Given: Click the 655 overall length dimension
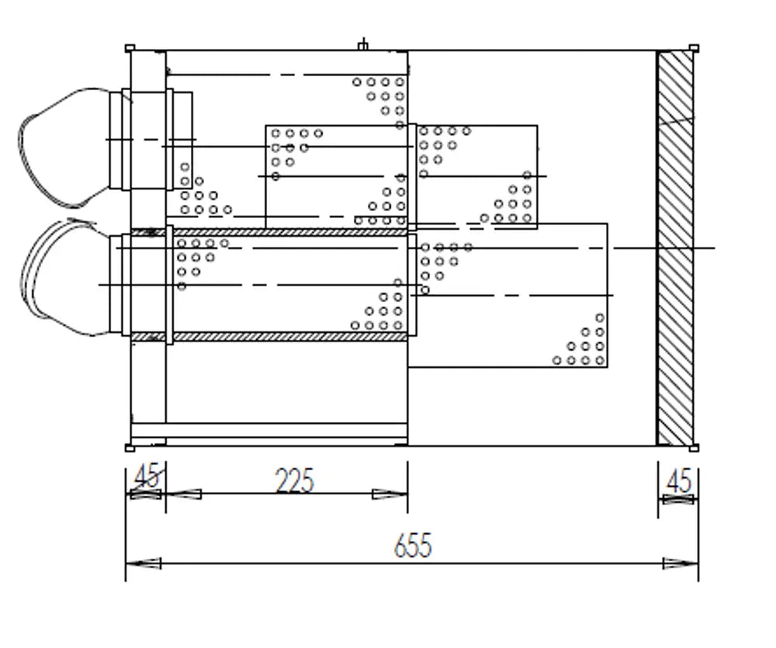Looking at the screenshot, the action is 413,545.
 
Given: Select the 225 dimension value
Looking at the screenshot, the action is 294,480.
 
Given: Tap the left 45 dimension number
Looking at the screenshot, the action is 147,475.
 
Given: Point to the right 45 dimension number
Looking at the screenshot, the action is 680,480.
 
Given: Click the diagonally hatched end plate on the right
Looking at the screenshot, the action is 675,248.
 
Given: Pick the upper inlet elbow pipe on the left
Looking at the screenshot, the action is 64,147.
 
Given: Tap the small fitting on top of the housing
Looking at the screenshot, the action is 363,45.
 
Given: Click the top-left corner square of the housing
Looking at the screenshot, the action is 130,48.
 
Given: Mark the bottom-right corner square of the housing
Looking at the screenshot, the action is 694,448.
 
